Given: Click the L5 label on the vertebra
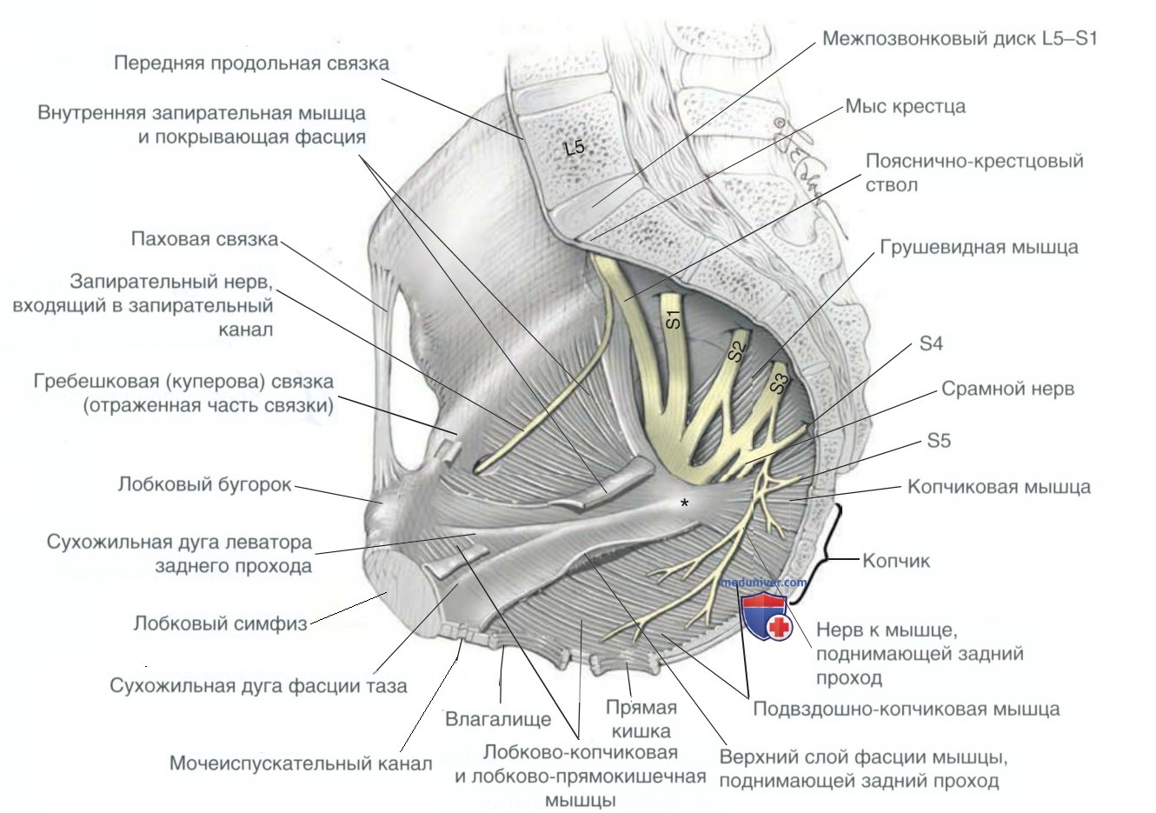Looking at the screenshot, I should pos(575,149).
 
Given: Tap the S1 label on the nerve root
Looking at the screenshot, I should pos(674,319).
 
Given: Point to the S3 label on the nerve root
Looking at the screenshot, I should pos(779,383).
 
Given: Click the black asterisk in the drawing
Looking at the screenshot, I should pos(686,503).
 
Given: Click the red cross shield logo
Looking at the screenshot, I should pos(767,617).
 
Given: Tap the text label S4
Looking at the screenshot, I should pos(930,344).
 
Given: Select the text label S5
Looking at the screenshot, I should pos(939,441).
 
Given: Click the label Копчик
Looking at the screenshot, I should pos(895,561).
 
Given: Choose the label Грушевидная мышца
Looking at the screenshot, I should pos(979,247).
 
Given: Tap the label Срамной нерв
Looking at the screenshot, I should pos(1007,390).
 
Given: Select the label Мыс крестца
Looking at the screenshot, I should pos(905,107).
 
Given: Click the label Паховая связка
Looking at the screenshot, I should pos(205,239).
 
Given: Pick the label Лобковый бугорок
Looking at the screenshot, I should pos(205,484).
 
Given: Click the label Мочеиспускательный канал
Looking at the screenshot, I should pos(301,764).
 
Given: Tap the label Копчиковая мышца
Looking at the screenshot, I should pos(999,486).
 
